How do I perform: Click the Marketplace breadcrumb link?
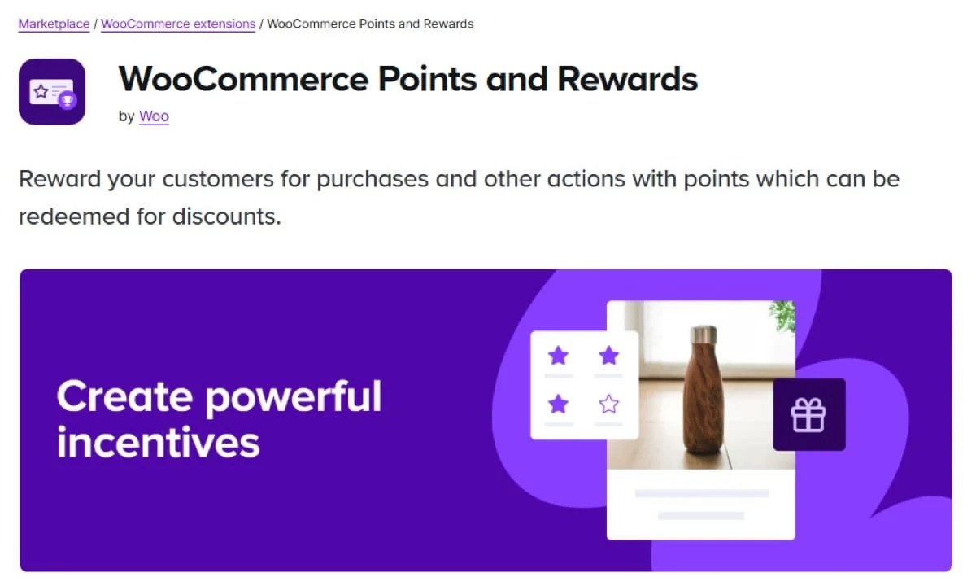pyautogui.click(x=54, y=24)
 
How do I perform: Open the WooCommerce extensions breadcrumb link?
pyautogui.click(x=178, y=24)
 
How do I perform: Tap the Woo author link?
pyautogui.click(x=154, y=116)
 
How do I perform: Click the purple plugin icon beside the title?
pyautogui.click(x=52, y=91)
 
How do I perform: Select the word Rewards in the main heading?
pyautogui.click(x=628, y=79)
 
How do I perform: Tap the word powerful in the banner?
pyautogui.click(x=294, y=396)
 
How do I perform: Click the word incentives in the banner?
pyautogui.click(x=159, y=442)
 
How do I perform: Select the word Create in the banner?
pyautogui.click(x=123, y=396)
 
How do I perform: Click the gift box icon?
pyautogui.click(x=808, y=414)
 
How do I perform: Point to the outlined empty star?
pyautogui.click(x=608, y=404)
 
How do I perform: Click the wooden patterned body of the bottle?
pyautogui.click(x=702, y=399)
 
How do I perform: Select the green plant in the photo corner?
pyautogui.click(x=782, y=315)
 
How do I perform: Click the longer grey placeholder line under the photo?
pyautogui.click(x=701, y=493)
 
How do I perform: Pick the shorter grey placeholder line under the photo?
pyautogui.click(x=701, y=515)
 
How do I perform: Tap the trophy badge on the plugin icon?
pyautogui.click(x=68, y=101)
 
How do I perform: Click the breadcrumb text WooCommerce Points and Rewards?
pyautogui.click(x=370, y=24)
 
